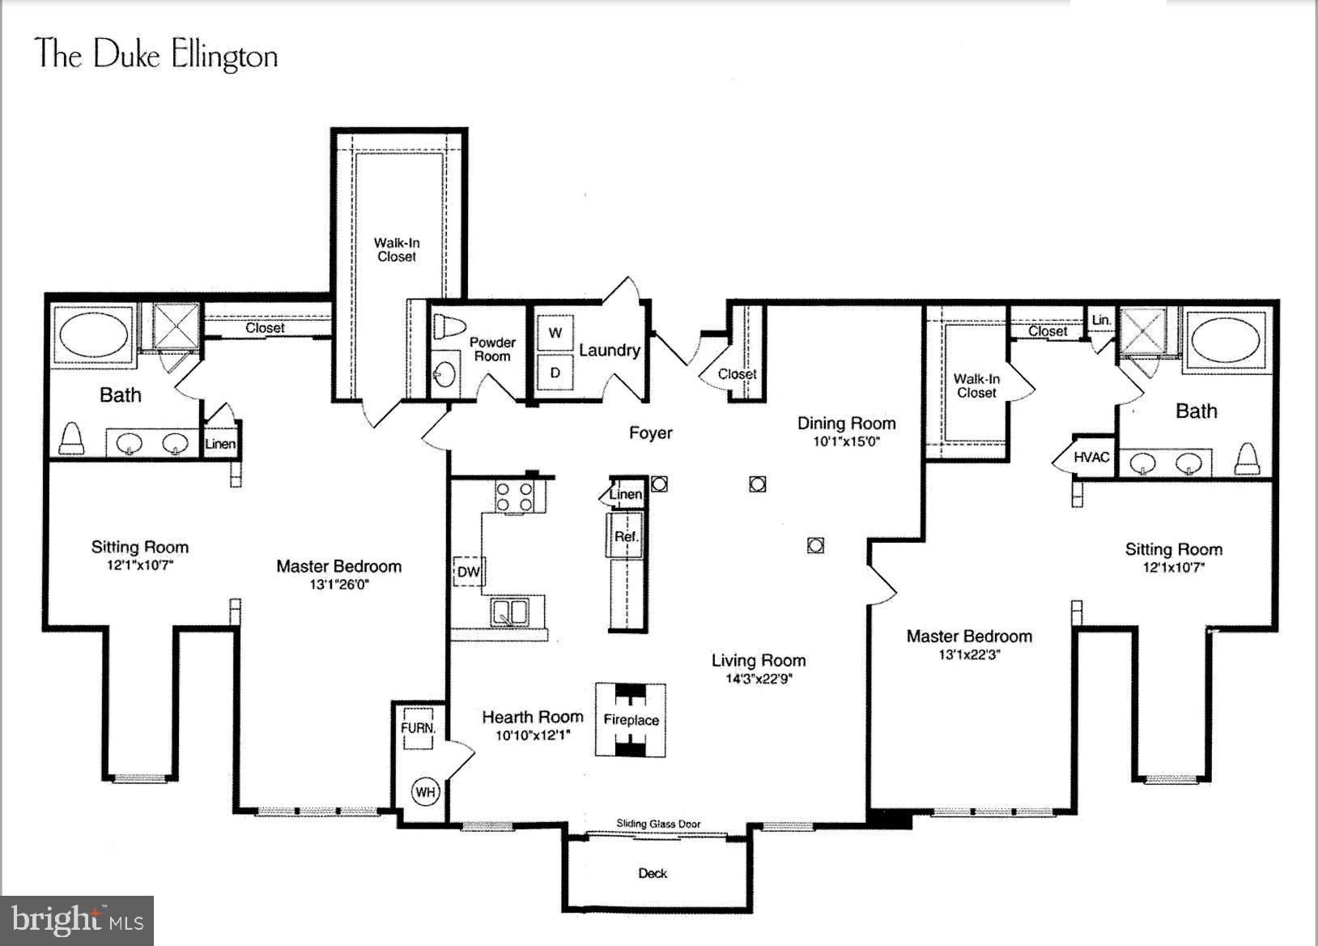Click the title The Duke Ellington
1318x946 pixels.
[x=157, y=55]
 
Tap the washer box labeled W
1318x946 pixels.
[x=555, y=333]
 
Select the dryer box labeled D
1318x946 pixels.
[x=555, y=373]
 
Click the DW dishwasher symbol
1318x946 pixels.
[x=469, y=572]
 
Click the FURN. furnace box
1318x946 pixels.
[x=418, y=727]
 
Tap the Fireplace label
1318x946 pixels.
[x=631, y=720]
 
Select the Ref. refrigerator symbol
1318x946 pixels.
[x=626, y=536]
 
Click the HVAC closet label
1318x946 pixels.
[x=1091, y=458]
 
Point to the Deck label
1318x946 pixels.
[x=653, y=873]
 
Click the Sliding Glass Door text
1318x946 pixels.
[x=658, y=824]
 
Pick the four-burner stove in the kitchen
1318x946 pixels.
[x=515, y=496]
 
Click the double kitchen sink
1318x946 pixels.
[x=510, y=611]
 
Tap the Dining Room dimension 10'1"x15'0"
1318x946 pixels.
[x=846, y=442]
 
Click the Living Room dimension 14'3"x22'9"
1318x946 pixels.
[x=759, y=679]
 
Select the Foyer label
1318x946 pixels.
[x=651, y=433]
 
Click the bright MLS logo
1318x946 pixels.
[x=78, y=921]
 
